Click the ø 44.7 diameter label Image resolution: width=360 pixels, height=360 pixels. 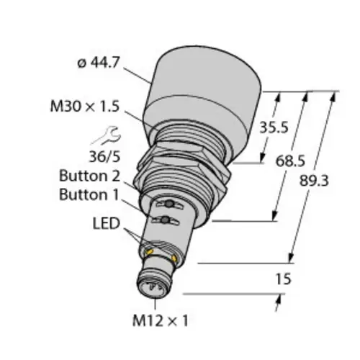pyautogui.click(x=99, y=63)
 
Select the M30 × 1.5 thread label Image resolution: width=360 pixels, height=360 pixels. pyautogui.click(x=85, y=106)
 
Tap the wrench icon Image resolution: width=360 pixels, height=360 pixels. pyautogui.click(x=107, y=135)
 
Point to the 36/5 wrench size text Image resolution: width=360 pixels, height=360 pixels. pyautogui.click(x=104, y=157)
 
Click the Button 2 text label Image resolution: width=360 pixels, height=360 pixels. pyautogui.click(x=89, y=176)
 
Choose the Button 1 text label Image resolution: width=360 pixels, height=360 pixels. pyautogui.click(x=89, y=194)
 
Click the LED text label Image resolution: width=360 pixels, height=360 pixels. pyautogui.click(x=107, y=223)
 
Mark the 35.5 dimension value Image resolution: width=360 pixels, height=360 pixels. pyautogui.click(x=274, y=127)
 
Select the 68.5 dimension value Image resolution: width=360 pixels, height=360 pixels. pyautogui.click(x=290, y=161)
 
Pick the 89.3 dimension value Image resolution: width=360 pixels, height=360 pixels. pyautogui.click(x=314, y=181)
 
